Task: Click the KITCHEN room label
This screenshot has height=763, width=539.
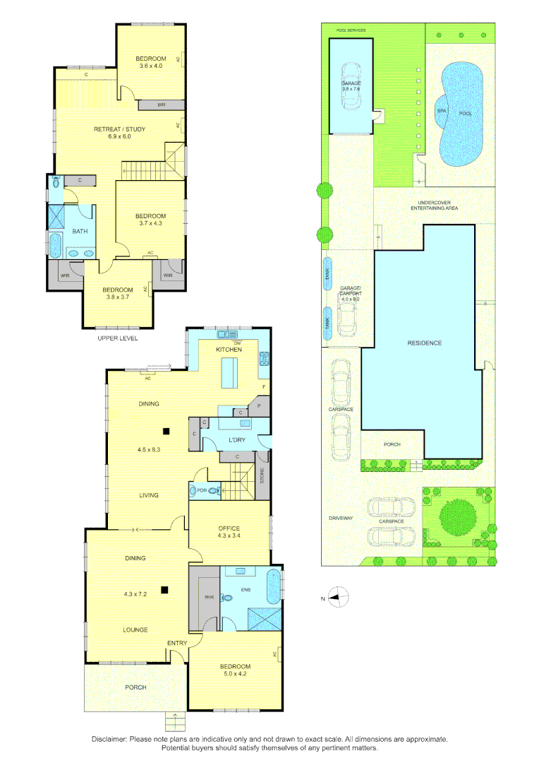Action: coord(229,350)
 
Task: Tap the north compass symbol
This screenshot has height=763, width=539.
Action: coord(339,598)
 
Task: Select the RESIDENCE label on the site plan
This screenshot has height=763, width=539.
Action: coord(424,343)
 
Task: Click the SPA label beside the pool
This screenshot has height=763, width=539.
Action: coord(442,111)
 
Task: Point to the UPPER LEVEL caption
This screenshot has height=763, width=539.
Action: coord(117,339)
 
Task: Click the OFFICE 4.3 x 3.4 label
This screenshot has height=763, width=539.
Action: coord(229,533)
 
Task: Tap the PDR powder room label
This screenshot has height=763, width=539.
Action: coord(202,490)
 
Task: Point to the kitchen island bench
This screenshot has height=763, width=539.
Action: coord(229,372)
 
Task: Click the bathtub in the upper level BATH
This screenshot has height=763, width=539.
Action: coord(55,244)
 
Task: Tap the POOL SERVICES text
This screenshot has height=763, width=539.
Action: coord(351,31)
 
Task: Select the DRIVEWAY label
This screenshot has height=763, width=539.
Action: coord(340,519)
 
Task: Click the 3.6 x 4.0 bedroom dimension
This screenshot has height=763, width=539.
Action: coord(151,66)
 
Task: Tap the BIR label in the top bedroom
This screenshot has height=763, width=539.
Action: coord(161,105)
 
